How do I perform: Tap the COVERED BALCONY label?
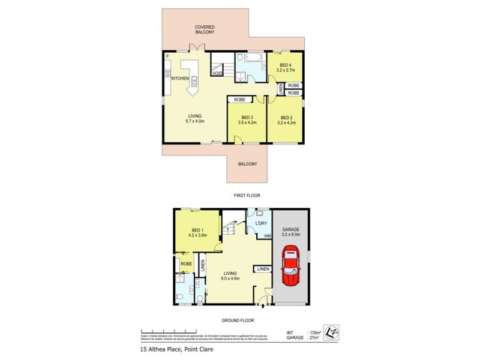click(x=205, y=29)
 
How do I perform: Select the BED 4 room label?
click(x=284, y=65)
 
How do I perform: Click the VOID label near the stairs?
click(x=217, y=73)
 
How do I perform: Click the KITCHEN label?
click(x=180, y=79)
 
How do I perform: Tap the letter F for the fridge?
click(x=167, y=56)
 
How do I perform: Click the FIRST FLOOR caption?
click(x=247, y=196)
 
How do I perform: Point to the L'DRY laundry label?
click(x=260, y=224)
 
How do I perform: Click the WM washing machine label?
click(x=267, y=236)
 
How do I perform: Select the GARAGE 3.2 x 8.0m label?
click(x=291, y=232)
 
